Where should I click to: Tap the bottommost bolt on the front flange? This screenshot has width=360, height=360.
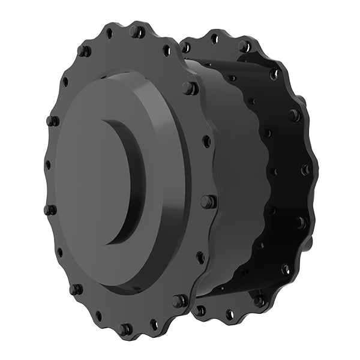(x=126, y=329)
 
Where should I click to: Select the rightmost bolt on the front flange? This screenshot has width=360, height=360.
(x=208, y=202)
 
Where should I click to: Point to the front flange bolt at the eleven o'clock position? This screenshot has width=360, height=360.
(x=84, y=51)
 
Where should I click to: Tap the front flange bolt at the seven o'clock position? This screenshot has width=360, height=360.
(x=76, y=289)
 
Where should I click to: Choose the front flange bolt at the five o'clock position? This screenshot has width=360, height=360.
(x=179, y=300)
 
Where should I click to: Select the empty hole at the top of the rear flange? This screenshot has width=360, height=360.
(x=214, y=39)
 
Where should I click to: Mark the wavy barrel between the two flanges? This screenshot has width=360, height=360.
(x=231, y=180)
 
